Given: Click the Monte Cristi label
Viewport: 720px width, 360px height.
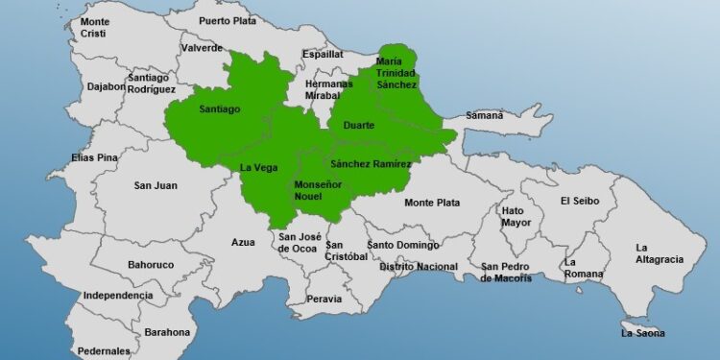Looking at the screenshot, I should pyautogui.click(x=95, y=27).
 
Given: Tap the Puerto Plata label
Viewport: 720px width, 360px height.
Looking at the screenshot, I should pyautogui.click(x=228, y=20).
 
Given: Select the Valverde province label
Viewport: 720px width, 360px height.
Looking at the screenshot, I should pyautogui.click(x=201, y=48).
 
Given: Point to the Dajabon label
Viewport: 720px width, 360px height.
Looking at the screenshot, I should pyautogui.click(x=106, y=86).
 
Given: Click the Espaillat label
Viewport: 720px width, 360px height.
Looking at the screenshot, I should pyautogui.click(x=323, y=55).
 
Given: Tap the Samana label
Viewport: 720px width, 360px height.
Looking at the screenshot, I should pyautogui.click(x=485, y=115).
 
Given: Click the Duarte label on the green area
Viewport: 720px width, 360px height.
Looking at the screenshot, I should pyautogui.click(x=358, y=125).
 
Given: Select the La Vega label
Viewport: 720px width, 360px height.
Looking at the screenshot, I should pyautogui.click(x=258, y=168).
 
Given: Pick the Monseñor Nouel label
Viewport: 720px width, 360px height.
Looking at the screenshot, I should pyautogui.click(x=314, y=189).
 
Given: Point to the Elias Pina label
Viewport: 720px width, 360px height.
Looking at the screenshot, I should pyautogui.click(x=93, y=157).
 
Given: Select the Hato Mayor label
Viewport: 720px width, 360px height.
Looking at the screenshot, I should pyautogui.click(x=516, y=216).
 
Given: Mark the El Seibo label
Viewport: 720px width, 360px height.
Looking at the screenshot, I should pyautogui.click(x=580, y=201).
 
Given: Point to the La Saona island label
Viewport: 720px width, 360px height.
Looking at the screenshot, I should pyautogui.click(x=643, y=333).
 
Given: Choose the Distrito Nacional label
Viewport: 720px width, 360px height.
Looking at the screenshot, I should pyautogui.click(x=419, y=266).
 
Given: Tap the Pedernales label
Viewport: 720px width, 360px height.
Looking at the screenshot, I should pyautogui.click(x=103, y=351).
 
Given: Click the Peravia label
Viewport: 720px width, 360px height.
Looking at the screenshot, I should pyautogui.click(x=324, y=299).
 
